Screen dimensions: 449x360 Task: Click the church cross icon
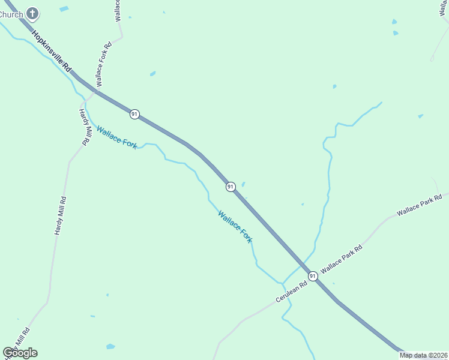(x=33, y=13)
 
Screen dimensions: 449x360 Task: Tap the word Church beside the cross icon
(x=11, y=14)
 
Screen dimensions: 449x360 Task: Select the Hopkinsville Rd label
(x=52, y=52)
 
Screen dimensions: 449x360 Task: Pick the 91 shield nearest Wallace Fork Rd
(x=134, y=114)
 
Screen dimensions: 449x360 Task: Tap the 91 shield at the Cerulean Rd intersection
(x=313, y=275)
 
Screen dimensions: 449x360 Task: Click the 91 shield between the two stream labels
(x=231, y=187)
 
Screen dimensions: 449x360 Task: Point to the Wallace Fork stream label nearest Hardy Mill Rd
(x=116, y=137)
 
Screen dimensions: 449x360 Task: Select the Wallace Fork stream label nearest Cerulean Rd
(x=235, y=226)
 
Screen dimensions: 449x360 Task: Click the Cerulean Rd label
(x=291, y=290)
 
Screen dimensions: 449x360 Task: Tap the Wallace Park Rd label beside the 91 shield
(x=342, y=259)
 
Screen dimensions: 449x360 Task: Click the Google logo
(x=20, y=353)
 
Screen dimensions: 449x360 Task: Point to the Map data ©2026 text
(x=423, y=355)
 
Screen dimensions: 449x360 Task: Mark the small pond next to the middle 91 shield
(x=243, y=184)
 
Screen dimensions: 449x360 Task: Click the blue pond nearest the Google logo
(x=110, y=346)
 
